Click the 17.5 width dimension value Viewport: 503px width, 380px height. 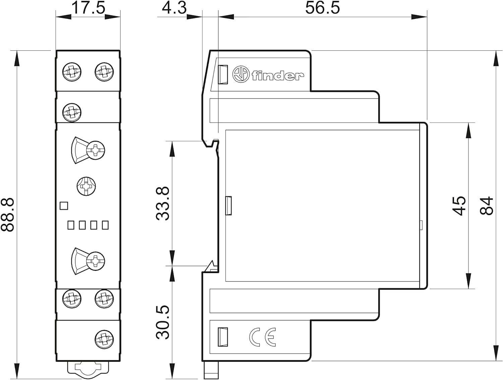click(88, 8)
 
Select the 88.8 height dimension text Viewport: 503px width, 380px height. click(8, 215)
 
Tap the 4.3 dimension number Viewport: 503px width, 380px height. click(174, 8)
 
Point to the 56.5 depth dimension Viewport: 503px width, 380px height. click(323, 8)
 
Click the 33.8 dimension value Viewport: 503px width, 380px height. click(163, 204)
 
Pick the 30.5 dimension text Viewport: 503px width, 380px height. click(163, 322)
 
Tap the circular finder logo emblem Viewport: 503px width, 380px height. click(241, 74)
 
